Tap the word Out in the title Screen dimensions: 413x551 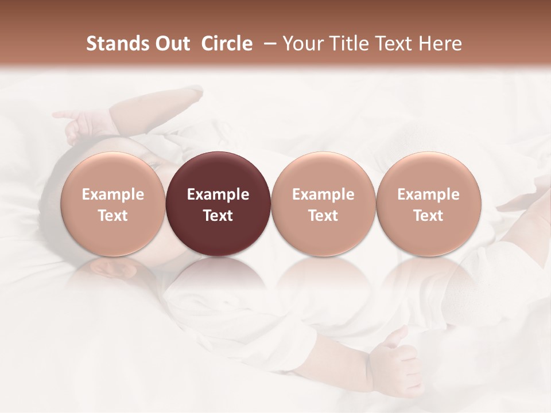[x=171, y=44]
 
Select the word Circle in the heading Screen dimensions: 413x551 [x=227, y=44]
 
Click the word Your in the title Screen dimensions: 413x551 [x=301, y=44]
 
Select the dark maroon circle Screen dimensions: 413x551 [x=218, y=204]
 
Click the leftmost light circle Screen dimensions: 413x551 [x=113, y=204]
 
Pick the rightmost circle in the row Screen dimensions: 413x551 [x=428, y=204]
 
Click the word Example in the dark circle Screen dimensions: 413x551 [x=218, y=194]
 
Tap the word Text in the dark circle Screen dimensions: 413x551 [x=218, y=216]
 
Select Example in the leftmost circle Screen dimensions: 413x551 [x=113, y=194]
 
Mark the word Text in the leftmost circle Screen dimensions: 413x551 [x=113, y=216]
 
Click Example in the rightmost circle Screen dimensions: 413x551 [x=428, y=194]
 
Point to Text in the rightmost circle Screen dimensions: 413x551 [x=428, y=216]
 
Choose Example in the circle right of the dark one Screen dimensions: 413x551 [x=323, y=194]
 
